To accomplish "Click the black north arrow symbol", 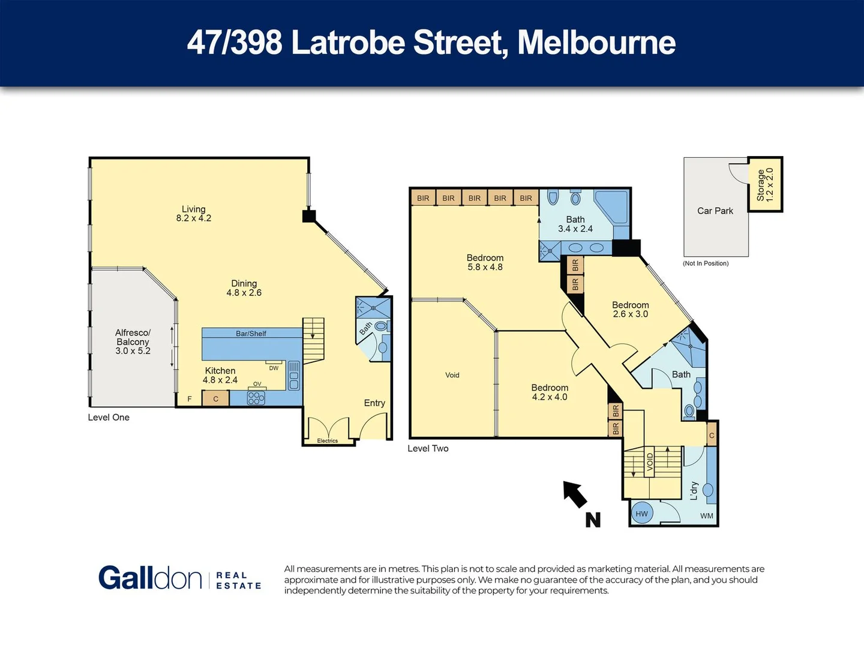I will (575, 494).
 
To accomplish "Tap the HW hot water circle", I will (642, 514).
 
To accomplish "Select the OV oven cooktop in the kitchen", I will (256, 398).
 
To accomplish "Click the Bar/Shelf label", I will (251, 334).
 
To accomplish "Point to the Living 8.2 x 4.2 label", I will (193, 214).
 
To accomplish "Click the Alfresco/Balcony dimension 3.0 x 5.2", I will (133, 351).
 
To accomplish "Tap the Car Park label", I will (715, 211).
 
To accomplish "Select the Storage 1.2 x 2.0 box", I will (765, 185).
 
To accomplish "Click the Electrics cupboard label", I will (328, 441).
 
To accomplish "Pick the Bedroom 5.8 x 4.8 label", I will (485, 263).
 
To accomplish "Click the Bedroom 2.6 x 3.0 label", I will (630, 310).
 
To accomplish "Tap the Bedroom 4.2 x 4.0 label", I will (549, 392).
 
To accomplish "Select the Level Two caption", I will (428, 449).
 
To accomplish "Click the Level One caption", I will (109, 418).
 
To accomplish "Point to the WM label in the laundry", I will (707, 516).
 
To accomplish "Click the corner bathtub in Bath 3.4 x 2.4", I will (612, 206).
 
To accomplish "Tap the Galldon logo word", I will (150, 578).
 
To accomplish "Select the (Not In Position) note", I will (706, 263).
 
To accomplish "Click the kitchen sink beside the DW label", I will (294, 375).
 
